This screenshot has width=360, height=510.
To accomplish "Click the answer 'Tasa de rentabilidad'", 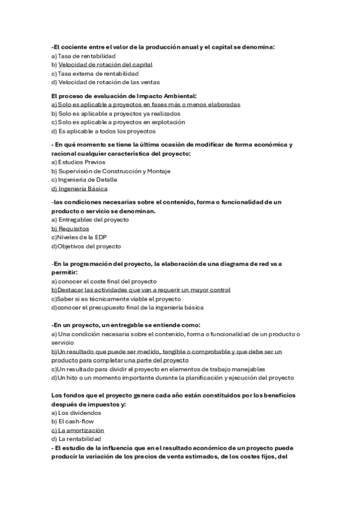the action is click(x=87, y=55).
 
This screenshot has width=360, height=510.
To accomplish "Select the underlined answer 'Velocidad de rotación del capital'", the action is click(x=105, y=64).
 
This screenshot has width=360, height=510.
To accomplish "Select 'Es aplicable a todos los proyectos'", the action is click(x=103, y=131).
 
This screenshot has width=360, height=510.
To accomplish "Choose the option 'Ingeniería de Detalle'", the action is click(x=88, y=180).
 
